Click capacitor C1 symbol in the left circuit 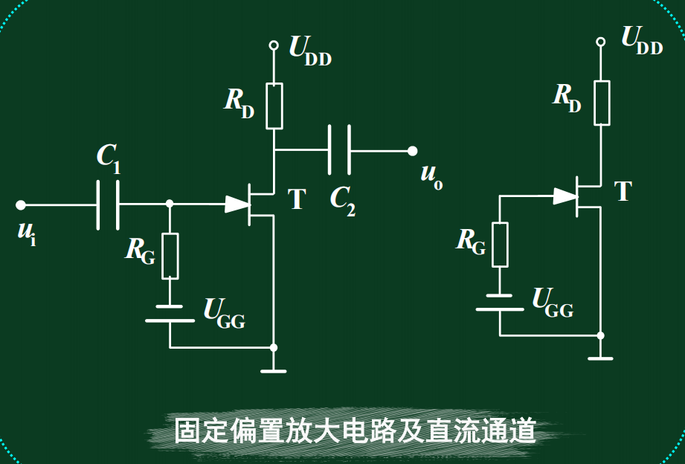coord(108,204)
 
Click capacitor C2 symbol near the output coord(339,150)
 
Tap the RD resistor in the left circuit coord(274,106)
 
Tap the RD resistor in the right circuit coord(601,103)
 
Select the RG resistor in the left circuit coord(170,256)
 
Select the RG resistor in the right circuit coord(500,245)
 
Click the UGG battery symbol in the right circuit coord(500,302)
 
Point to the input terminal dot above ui coord(21,204)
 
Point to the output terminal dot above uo coord(412,151)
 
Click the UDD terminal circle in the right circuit coord(601,42)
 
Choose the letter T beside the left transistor coord(297,200)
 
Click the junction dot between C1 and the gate coord(170,204)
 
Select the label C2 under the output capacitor coord(342,200)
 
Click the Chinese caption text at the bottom coord(355,431)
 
